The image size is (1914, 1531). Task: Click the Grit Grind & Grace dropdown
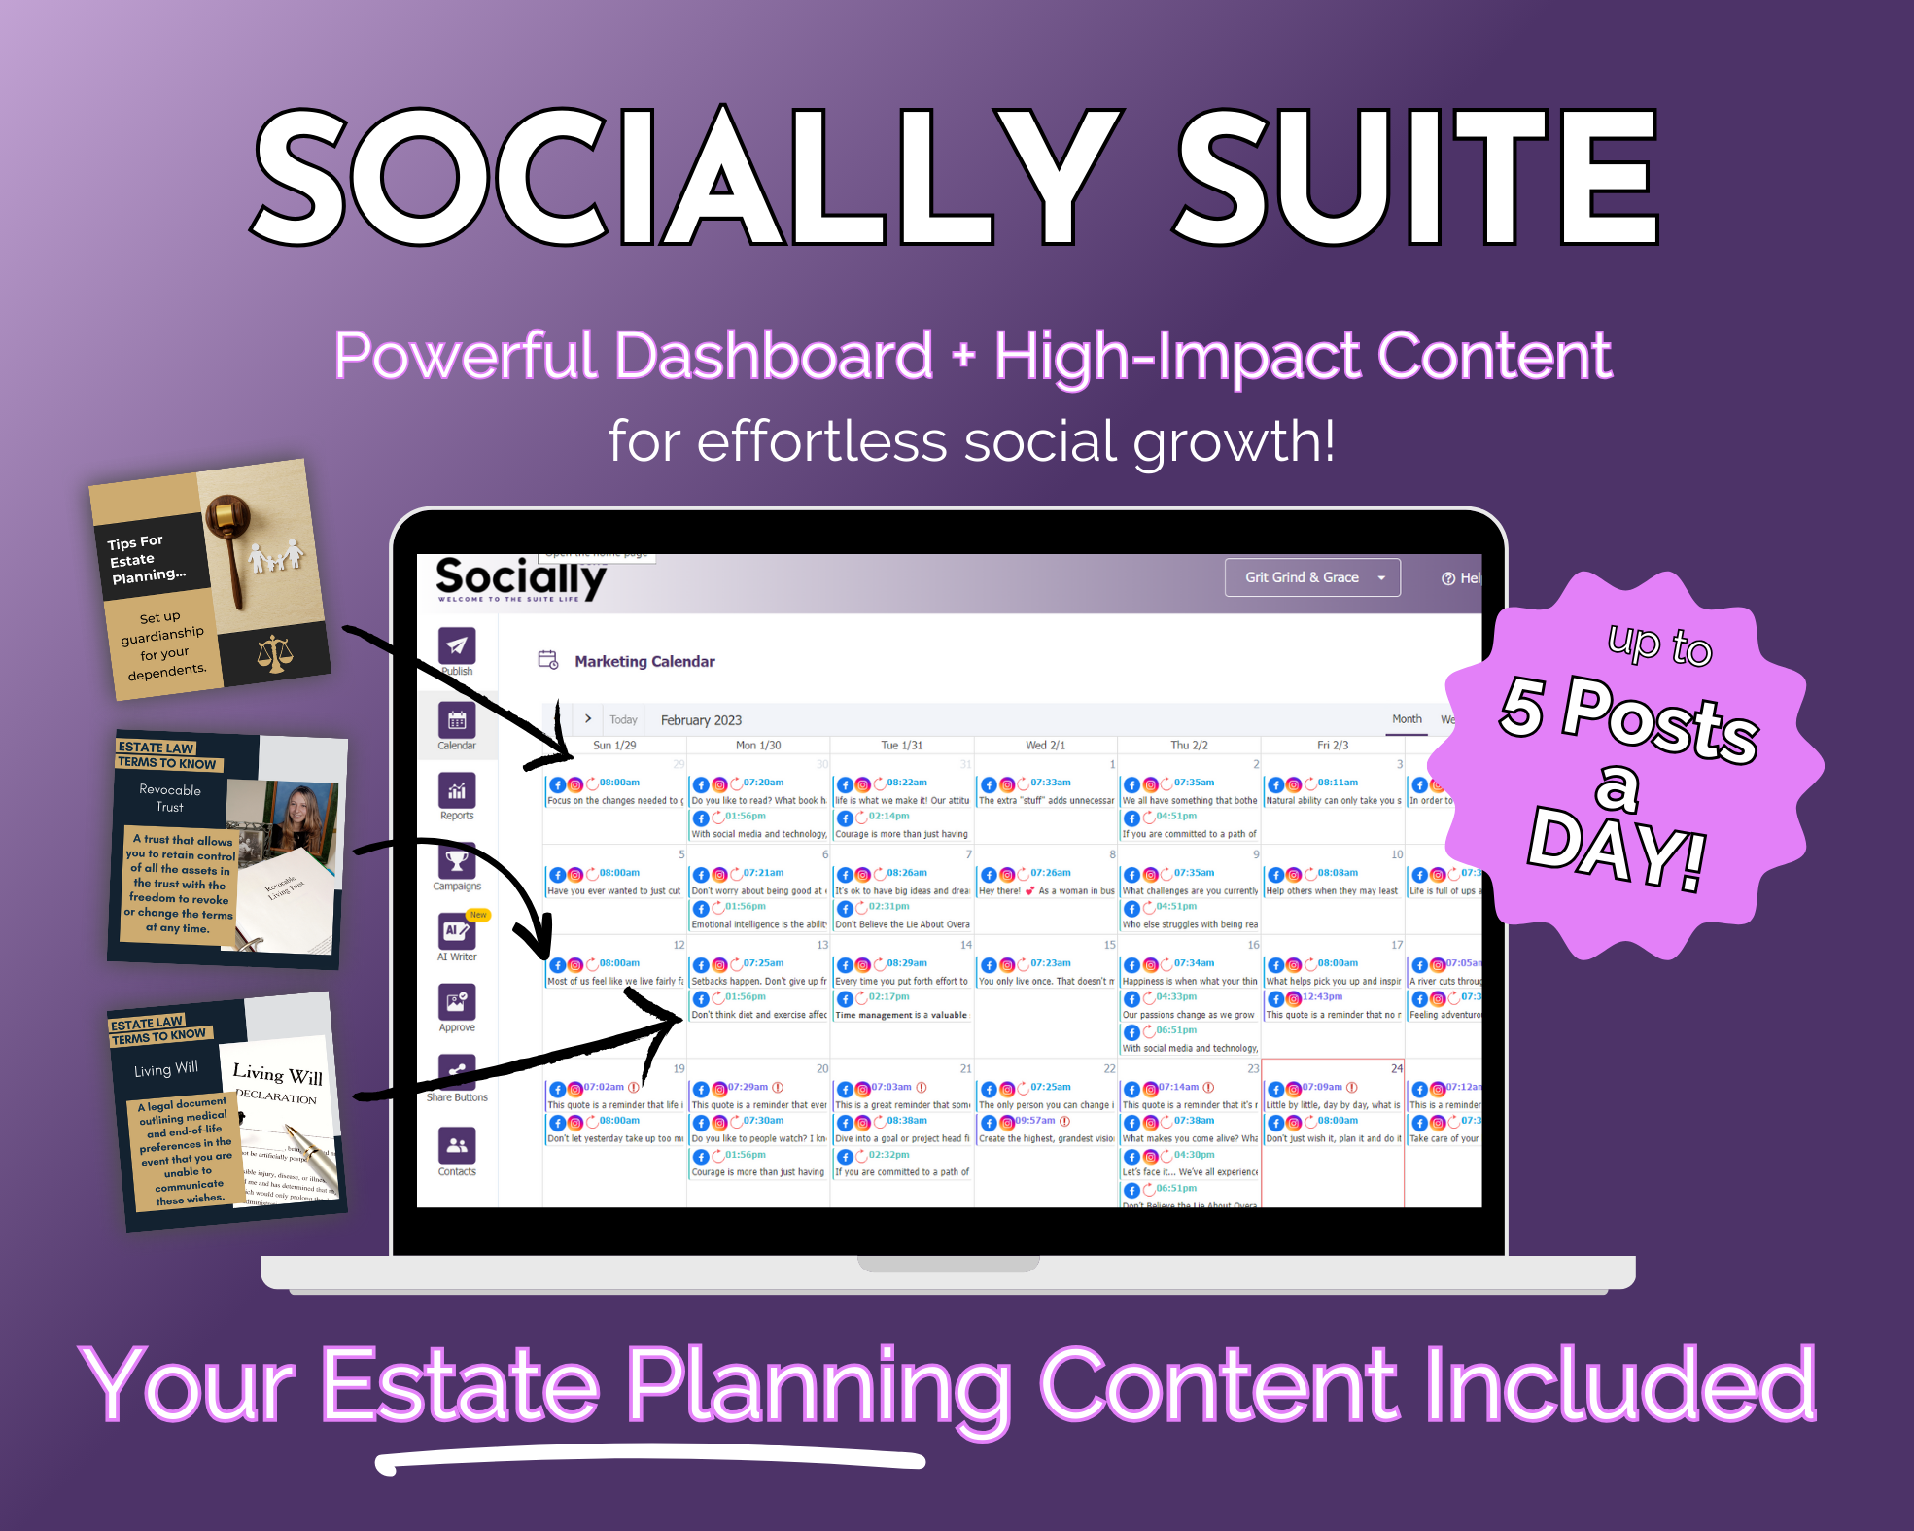(x=1311, y=577)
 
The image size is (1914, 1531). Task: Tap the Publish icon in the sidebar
(x=457, y=645)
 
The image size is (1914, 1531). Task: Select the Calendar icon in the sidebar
(x=457, y=720)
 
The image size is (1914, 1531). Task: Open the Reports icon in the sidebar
(x=457, y=791)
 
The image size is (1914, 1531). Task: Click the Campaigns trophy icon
(x=457, y=861)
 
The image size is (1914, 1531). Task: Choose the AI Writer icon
(x=457, y=931)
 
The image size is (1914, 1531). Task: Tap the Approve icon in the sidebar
(x=457, y=1002)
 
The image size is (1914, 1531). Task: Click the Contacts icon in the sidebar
(x=457, y=1145)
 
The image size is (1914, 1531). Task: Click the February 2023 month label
(x=701, y=720)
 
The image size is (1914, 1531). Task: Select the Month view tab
(x=1407, y=719)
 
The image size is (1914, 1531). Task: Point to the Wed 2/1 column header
(x=1045, y=746)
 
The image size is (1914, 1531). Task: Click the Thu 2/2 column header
(x=1189, y=746)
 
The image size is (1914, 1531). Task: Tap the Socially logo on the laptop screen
(x=520, y=579)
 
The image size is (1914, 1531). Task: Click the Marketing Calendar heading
(x=644, y=662)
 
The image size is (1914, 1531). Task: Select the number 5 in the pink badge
(x=1522, y=707)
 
